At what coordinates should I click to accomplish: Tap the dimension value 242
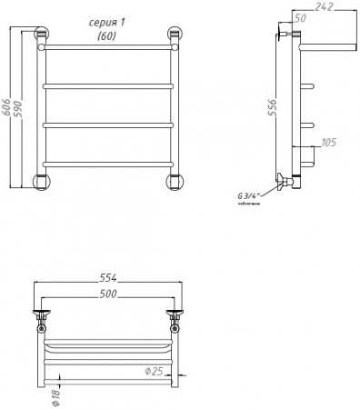[x=325, y=7]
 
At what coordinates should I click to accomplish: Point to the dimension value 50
[x=300, y=19]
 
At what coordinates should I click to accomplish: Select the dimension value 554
[x=109, y=278]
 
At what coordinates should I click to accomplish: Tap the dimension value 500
[x=109, y=295]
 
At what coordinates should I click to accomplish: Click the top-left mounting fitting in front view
[x=42, y=37]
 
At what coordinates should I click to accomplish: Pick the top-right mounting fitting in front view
[x=173, y=37]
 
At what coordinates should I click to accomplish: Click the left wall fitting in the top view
[x=42, y=317]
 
